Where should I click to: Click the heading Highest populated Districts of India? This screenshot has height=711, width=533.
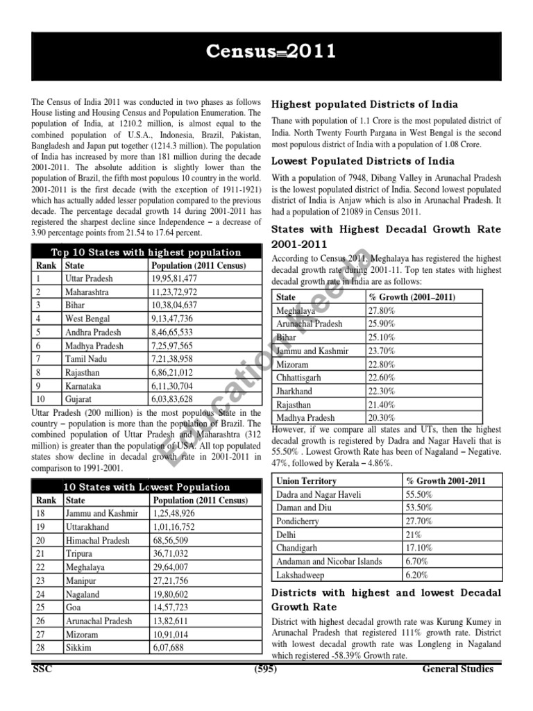coord(364,104)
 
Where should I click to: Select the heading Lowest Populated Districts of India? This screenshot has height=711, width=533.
coord(362,161)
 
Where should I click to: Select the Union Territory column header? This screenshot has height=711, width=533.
coord(306,480)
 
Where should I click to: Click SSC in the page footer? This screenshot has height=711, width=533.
coord(42,669)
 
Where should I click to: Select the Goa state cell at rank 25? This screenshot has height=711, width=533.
coord(73,607)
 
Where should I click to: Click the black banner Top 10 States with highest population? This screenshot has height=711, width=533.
coord(146,252)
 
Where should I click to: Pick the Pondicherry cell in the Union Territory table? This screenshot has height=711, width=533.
coord(298,521)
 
